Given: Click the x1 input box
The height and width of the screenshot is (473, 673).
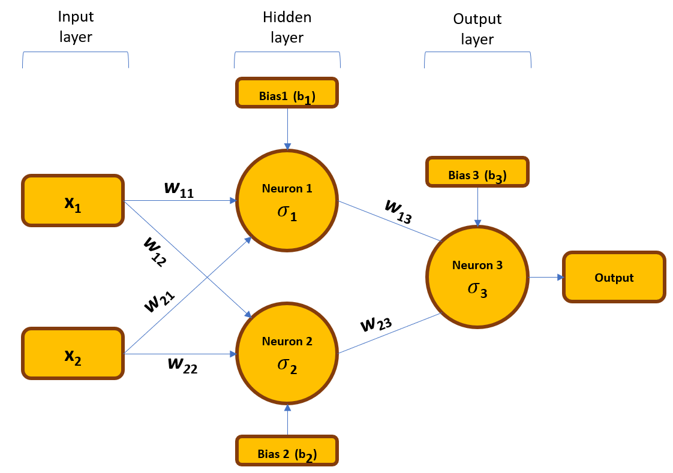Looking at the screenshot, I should click(x=73, y=201).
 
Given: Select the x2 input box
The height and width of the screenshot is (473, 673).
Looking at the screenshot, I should click(x=73, y=354).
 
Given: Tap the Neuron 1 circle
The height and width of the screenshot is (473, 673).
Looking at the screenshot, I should click(x=287, y=200).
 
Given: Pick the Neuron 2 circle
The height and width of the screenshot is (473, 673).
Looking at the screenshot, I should click(x=287, y=353).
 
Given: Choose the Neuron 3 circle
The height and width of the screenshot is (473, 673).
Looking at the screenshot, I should click(x=477, y=277).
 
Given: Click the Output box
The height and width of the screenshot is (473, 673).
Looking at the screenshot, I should click(x=614, y=277).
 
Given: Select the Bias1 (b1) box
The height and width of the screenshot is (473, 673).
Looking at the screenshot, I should click(x=287, y=93).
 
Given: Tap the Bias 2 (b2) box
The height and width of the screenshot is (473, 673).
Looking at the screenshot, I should click(x=287, y=451).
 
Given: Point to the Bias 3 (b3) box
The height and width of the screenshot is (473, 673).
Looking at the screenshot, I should click(x=477, y=173).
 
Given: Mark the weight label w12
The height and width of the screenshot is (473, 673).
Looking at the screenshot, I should click(x=155, y=251).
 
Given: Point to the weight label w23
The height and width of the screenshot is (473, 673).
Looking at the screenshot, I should click(x=376, y=324).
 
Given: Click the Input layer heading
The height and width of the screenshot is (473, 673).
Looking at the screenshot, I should click(x=76, y=28).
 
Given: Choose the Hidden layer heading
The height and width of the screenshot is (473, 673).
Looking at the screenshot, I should click(x=287, y=28).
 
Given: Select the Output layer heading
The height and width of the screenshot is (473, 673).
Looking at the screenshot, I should click(x=477, y=29).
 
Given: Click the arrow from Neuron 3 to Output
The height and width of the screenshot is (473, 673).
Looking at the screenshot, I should click(x=545, y=277).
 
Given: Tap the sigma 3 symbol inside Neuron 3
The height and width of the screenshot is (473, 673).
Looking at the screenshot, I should click(x=477, y=290).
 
